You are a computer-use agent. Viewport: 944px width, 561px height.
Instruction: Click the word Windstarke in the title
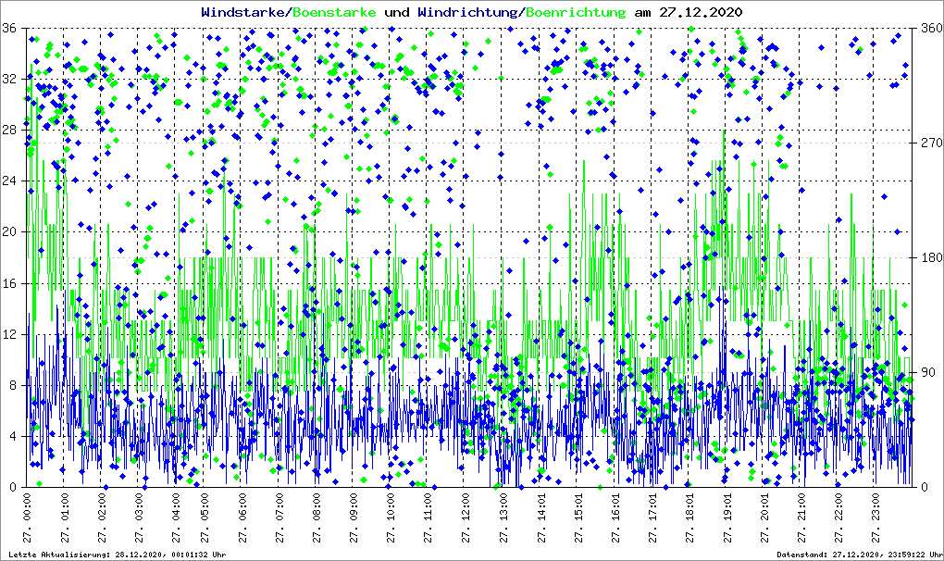pos(243,13)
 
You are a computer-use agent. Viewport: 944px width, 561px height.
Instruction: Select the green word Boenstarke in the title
pos(335,13)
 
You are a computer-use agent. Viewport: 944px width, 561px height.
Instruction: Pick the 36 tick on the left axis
pos(10,28)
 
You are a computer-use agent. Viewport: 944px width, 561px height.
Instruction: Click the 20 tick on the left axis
pos(10,232)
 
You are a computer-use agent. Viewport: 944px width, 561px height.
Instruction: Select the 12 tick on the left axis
pos(10,334)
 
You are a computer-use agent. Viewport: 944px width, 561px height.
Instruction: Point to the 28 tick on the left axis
pos(10,130)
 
